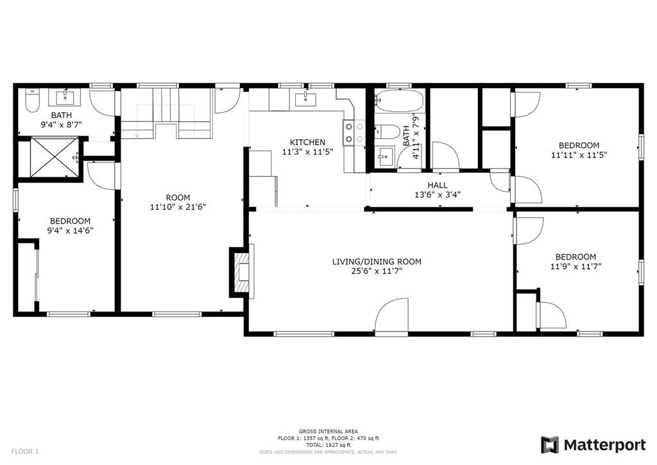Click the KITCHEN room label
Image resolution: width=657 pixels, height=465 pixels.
click(307, 143)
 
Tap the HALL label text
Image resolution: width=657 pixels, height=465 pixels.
click(438, 185)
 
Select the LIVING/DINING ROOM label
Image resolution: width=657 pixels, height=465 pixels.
click(377, 261)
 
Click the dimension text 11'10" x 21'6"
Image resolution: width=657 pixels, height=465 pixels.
click(178, 207)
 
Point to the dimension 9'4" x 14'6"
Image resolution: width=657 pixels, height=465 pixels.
click(70, 230)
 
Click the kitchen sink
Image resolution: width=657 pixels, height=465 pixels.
click(305, 100)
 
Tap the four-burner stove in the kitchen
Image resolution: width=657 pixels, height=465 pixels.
click(354, 132)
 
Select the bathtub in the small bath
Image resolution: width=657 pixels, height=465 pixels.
click(399, 101)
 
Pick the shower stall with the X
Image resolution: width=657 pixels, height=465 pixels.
click(55, 157)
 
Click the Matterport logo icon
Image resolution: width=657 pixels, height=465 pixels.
click(550, 445)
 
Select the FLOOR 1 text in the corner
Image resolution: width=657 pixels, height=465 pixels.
click(25, 452)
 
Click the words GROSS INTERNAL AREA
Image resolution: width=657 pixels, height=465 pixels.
click(328, 432)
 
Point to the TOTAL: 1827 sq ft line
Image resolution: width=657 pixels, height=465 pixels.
click(328, 445)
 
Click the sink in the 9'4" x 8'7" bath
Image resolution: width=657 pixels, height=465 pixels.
click(66, 97)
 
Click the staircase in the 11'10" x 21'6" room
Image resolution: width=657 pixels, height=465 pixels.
click(166, 113)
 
